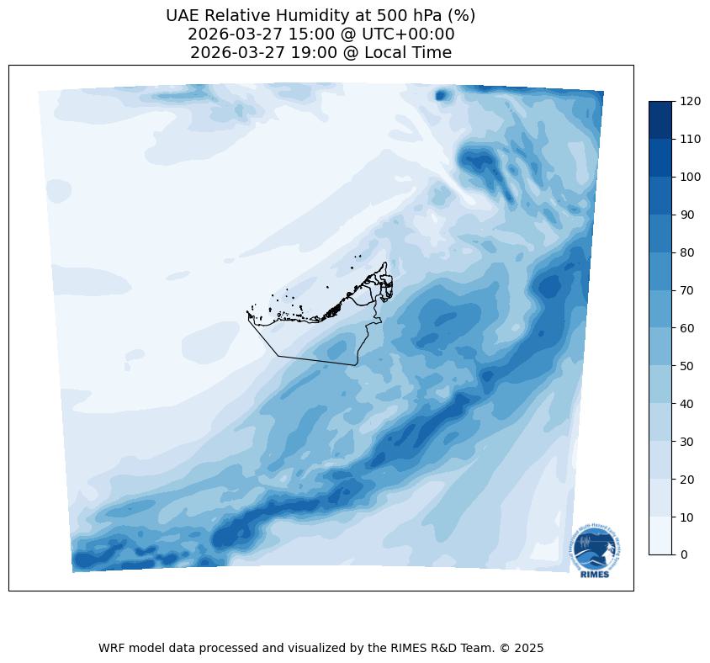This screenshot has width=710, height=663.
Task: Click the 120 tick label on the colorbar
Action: pos(691,101)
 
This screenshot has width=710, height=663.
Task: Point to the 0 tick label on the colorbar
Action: pos(685,554)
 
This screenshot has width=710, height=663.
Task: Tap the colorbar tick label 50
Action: pos(688,366)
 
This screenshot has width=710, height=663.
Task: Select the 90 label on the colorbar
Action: pos(688,215)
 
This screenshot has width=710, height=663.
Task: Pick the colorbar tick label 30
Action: pos(688,441)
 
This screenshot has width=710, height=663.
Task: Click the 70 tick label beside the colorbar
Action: pos(688,290)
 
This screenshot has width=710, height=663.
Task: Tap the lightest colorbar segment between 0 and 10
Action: pos(661,536)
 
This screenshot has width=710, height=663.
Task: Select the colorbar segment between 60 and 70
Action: pos(661,309)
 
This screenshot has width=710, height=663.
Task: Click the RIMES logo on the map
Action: pos(594,552)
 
